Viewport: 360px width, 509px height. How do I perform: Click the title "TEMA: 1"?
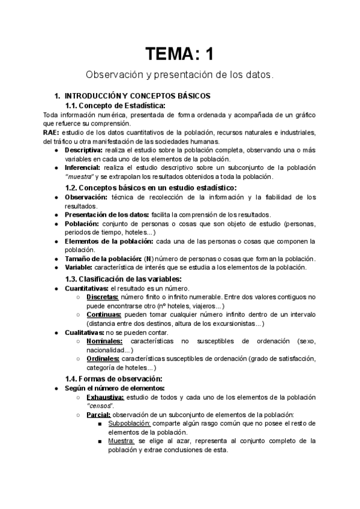[179, 55]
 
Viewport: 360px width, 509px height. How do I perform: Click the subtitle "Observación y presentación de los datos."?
[179, 76]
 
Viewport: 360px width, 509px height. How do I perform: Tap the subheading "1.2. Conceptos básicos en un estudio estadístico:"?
[151, 187]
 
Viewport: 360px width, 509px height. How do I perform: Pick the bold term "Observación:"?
[86, 197]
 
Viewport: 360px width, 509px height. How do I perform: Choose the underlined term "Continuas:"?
[103, 315]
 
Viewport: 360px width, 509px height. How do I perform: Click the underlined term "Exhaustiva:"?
[106, 397]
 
